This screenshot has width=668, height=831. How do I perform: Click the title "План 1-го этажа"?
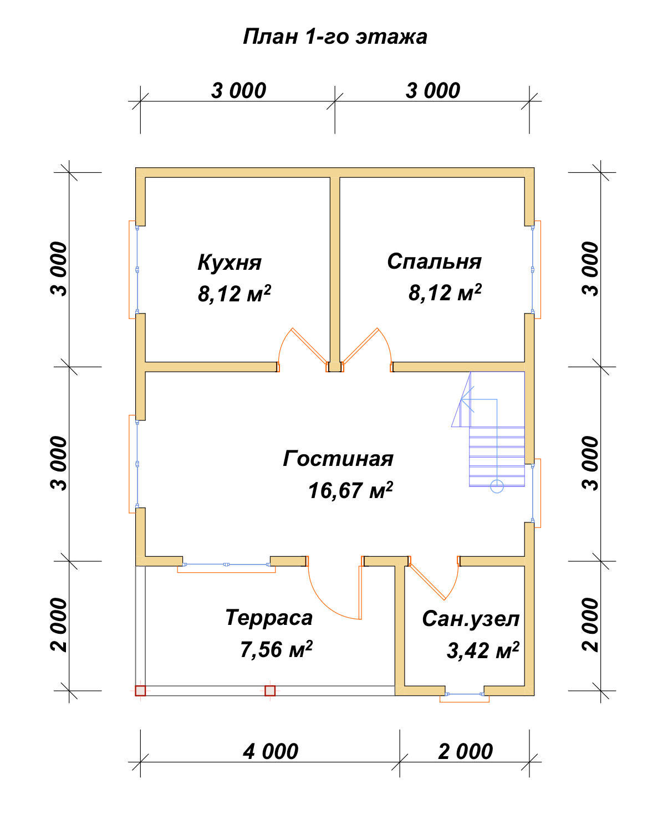pos(335,37)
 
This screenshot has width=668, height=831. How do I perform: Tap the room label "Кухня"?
pos(230,262)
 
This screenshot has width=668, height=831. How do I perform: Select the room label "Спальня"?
pos(434,261)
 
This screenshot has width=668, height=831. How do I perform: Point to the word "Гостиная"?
pos(338,459)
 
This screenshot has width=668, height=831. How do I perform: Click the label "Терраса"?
pos(269,618)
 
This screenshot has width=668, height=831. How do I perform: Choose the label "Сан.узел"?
pos(471,619)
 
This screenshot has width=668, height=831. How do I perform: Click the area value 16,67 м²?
pos(350,490)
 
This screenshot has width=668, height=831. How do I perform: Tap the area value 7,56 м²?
pos(276,649)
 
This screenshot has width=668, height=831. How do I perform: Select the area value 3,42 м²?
pos(483,650)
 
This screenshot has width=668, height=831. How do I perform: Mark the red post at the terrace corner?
pos(140,691)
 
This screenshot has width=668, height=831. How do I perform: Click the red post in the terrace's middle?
pos(270,691)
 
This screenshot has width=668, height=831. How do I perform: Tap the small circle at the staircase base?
pos(497,486)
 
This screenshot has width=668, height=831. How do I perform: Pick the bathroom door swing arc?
pos(455,583)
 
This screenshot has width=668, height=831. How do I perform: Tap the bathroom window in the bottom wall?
pos(465,694)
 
